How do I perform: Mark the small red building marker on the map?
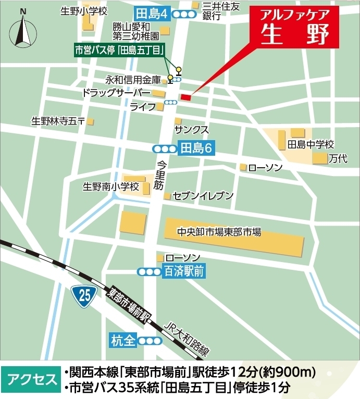(x=186, y=97)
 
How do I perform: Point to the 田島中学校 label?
(x=311, y=144)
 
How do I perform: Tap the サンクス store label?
(x=192, y=129)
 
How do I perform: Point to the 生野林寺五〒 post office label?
(x=58, y=121)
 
